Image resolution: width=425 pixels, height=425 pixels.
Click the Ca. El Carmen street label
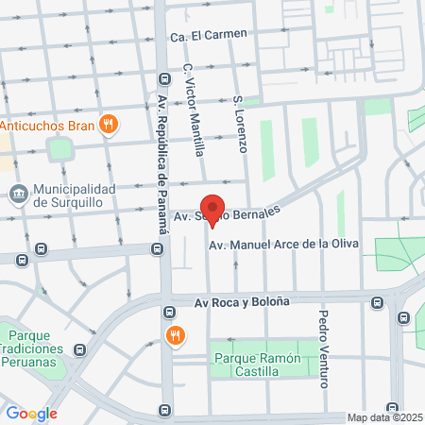(x=208, y=35)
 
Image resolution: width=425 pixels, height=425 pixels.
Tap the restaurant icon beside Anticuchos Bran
(x=109, y=123)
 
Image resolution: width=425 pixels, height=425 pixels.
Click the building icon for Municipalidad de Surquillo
(x=17, y=195)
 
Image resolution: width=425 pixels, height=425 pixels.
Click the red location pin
(x=212, y=210)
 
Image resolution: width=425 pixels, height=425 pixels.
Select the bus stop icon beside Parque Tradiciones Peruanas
(x=80, y=349)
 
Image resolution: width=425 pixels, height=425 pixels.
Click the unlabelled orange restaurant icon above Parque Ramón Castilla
(x=174, y=335)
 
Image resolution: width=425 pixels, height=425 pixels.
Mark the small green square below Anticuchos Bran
(x=61, y=149)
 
